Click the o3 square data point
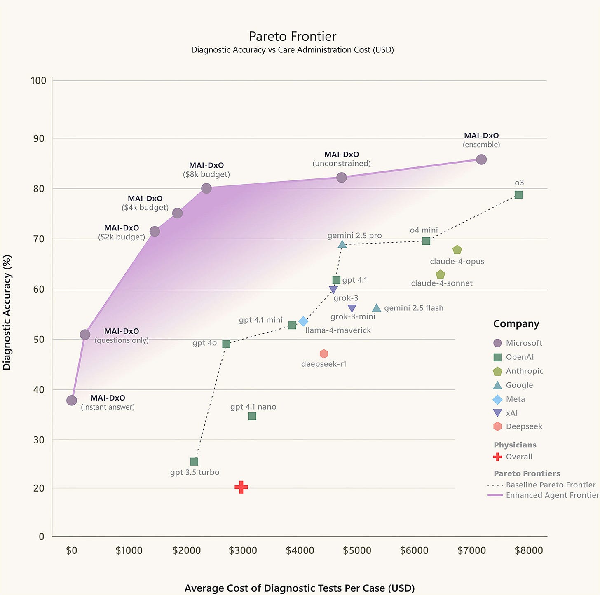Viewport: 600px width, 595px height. tap(518, 195)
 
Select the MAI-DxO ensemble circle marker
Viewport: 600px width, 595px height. tap(481, 159)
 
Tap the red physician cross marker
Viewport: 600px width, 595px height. tap(241, 487)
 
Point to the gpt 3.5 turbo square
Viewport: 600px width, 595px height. tap(194, 461)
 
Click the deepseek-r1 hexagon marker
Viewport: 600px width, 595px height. tap(324, 354)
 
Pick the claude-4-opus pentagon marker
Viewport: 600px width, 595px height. tap(457, 250)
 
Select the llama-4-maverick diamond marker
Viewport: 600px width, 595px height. tap(303, 321)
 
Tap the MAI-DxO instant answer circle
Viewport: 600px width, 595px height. tap(72, 401)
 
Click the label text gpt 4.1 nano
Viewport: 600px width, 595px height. tap(253, 407)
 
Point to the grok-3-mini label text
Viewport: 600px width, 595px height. tap(353, 317)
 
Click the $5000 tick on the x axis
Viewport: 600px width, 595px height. tap(357, 550)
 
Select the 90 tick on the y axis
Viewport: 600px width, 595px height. tap(39, 138)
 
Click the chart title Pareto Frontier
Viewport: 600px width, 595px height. tap(293, 37)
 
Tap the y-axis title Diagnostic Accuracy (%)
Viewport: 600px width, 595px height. tap(7, 312)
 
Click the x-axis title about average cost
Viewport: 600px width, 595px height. tap(300, 588)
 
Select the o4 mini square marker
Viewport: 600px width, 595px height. tap(426, 241)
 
